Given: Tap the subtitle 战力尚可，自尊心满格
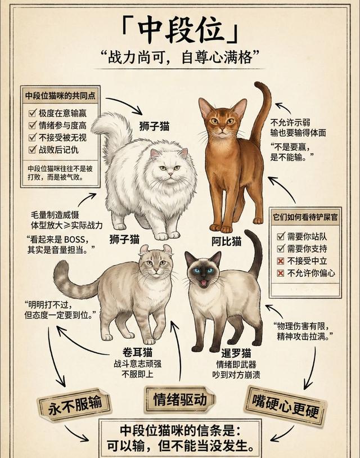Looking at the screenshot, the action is point(180,57).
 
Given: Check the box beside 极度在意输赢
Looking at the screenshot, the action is point(32,113).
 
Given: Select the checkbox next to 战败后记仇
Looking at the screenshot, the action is point(32,150).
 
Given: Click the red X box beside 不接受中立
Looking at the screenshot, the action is point(281,261).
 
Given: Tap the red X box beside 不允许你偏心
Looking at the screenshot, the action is point(281,273).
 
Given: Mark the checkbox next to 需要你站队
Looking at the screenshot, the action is point(281,236).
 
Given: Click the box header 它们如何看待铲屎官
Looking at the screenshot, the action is point(305,217).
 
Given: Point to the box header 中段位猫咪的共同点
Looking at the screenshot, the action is point(60,96).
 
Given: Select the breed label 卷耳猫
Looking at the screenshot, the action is point(137,353).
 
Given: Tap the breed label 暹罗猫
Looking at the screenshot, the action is point(236,353).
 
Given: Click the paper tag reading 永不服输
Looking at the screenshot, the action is point(75,405).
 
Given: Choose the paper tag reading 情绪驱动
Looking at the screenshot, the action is point(180,399).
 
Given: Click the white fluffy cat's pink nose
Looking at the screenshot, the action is point(170,174).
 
